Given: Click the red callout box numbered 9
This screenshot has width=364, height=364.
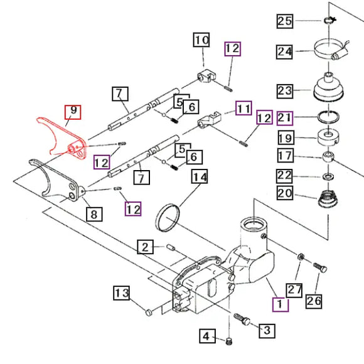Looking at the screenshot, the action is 73,112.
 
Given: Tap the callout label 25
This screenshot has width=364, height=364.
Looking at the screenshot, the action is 285,21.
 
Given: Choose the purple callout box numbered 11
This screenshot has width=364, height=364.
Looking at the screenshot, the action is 244,108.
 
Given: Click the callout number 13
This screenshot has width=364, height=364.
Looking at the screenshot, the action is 122,293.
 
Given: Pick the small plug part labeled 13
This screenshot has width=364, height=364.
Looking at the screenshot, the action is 149,313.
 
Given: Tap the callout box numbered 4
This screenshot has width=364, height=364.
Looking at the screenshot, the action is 207,336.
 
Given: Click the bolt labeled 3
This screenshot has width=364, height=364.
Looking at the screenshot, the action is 242,319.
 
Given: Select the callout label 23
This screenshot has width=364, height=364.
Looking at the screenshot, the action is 285,91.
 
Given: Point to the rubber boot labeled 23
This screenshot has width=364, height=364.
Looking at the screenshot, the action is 328,87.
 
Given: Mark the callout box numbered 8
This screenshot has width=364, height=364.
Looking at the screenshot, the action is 94,214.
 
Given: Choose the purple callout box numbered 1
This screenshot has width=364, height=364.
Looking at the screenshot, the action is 281,304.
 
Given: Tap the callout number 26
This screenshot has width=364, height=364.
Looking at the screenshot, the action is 314,301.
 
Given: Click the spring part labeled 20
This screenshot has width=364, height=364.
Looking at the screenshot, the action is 328,199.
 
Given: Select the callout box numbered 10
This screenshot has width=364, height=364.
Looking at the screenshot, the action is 201,40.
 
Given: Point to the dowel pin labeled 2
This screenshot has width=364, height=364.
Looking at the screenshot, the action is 171,247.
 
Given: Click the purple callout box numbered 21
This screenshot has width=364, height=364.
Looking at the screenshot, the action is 285,118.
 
